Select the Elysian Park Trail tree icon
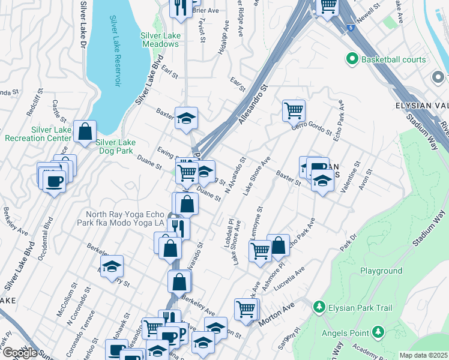319,308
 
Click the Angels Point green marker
378,331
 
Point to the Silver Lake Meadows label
160,40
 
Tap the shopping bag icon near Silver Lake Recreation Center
85,130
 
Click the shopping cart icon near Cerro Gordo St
294,110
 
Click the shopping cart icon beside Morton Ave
246,309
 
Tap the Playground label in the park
381,271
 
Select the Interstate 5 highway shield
349,27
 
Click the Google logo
20,352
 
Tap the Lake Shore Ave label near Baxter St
257,175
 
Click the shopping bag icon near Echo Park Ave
278,244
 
